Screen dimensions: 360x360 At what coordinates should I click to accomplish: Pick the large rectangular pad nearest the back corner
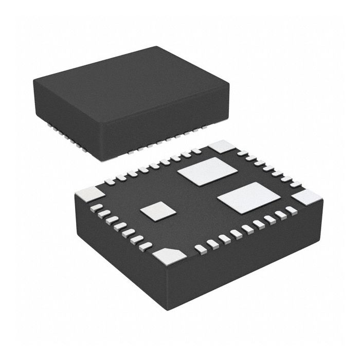pyautogui.click(x=205, y=171)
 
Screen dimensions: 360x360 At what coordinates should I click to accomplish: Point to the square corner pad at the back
pyautogui.click(x=222, y=146)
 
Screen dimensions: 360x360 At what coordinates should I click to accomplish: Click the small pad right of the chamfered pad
pyautogui.click(x=200, y=249)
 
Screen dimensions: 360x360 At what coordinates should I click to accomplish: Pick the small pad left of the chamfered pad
pyautogui.click(x=146, y=246)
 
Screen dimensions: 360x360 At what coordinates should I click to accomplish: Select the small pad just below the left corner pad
pyautogui.click(x=96, y=207)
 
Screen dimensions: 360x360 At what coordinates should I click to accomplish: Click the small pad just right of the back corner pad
pyautogui.click(x=242, y=153)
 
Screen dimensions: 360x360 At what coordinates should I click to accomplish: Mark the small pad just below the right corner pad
pyautogui.click(x=292, y=210)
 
